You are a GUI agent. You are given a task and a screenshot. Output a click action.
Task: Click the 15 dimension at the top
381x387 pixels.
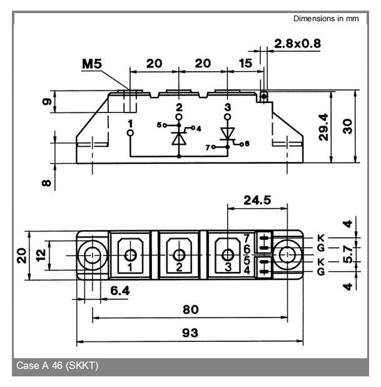(245, 64)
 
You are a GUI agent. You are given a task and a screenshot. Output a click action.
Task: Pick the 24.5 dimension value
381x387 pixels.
(258, 201)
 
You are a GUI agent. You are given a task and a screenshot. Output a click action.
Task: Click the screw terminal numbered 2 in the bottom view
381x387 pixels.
(180, 254)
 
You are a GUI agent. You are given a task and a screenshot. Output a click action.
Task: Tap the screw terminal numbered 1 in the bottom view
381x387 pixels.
(131, 254)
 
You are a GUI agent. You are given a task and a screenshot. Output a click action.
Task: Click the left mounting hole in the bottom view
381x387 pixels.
(93, 254)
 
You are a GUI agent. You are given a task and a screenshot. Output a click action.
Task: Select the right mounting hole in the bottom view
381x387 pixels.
(287, 254)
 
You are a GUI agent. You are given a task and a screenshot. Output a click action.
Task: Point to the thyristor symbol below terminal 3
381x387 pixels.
(228, 134)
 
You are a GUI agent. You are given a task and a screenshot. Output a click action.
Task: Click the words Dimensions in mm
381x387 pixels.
(326, 19)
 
